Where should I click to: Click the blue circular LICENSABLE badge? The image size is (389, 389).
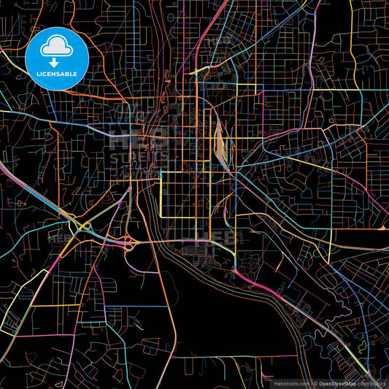point(57,58)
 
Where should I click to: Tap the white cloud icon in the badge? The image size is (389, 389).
point(57,46)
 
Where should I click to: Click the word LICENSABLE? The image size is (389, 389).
point(57,74)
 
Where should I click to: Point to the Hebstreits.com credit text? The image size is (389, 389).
point(290,382)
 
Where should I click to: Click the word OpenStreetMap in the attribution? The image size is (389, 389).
point(336,382)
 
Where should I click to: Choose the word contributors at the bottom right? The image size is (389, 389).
point(371,382)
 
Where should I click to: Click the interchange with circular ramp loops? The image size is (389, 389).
point(129,244)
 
